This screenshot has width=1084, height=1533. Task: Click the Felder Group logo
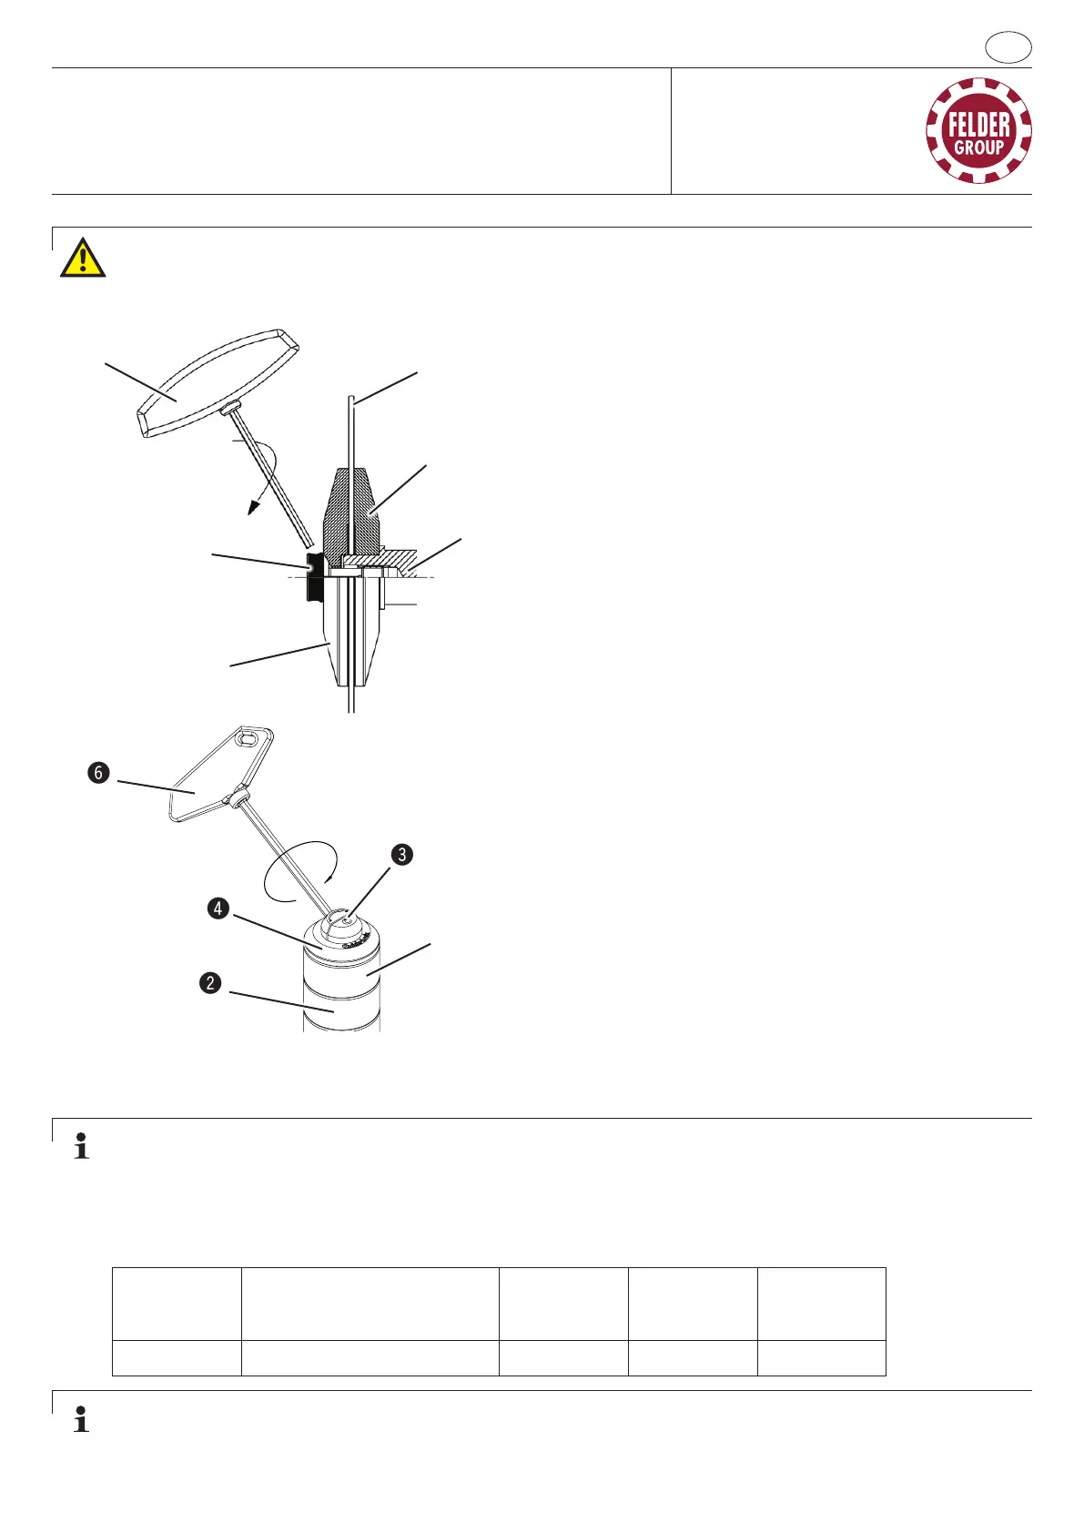[x=978, y=130]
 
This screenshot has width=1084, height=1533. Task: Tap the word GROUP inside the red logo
[x=978, y=147]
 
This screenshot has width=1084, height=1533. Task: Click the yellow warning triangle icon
[x=83, y=258]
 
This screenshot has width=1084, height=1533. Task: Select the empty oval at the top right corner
[x=1008, y=46]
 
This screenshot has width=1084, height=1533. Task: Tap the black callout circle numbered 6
[x=98, y=774]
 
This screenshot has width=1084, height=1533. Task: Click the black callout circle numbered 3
[x=401, y=854]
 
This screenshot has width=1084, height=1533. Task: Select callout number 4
[x=218, y=908]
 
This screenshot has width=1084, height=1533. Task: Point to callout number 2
[x=210, y=983]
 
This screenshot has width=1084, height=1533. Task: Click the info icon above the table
[x=82, y=1146]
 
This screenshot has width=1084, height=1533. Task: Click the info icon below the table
[x=82, y=1419]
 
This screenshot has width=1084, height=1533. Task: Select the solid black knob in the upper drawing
[x=312, y=576]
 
